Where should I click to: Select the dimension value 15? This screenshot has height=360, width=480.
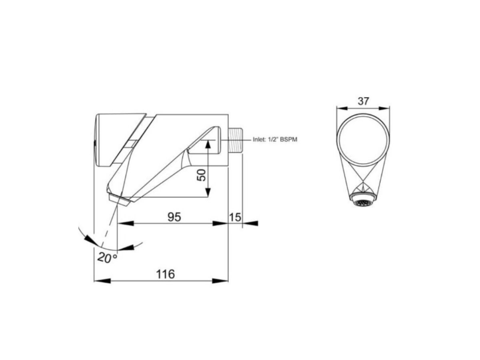tap(236, 217)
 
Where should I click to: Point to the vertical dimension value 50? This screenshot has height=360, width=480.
tap(202, 174)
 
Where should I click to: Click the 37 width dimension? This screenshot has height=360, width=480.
tap(363, 101)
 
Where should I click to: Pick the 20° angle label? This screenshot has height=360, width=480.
tap(107, 258)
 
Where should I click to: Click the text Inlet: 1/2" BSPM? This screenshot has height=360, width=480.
tap(275, 140)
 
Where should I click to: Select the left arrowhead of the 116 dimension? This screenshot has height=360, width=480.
tap(100, 280)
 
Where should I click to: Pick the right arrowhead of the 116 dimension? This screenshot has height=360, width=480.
tap(222, 280)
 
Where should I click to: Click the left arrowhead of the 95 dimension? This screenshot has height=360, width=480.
tap(124, 223)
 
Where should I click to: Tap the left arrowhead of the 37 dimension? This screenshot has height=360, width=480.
tap(341, 107)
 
